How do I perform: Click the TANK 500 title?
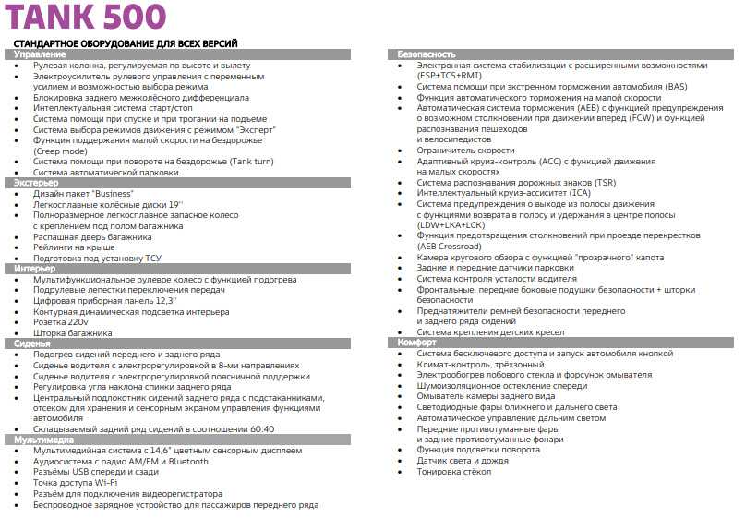point(88,18)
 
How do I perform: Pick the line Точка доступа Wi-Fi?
point(76,483)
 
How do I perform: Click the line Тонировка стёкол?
point(454,472)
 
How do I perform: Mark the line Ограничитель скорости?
point(465,151)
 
